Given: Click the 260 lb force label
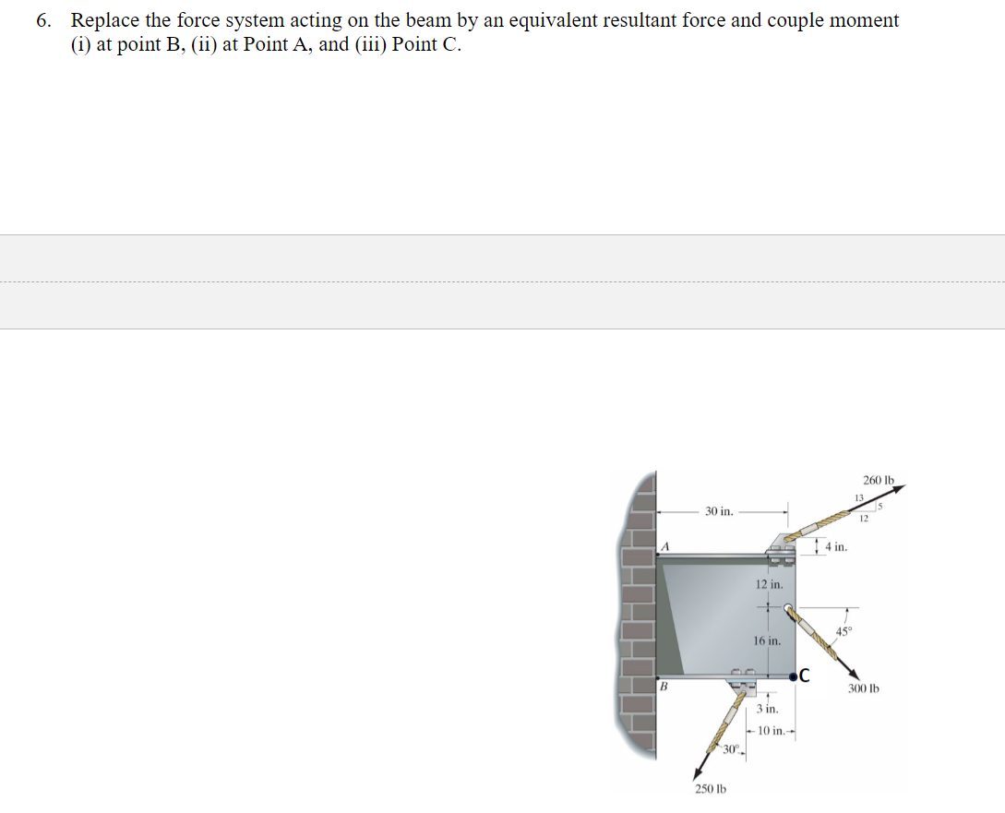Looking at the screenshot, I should tap(879, 480).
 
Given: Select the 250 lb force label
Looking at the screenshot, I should tap(711, 789).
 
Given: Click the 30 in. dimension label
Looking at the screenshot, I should tap(719, 510).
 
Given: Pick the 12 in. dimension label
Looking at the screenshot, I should tap(769, 584).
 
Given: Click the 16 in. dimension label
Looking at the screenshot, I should tap(767, 640).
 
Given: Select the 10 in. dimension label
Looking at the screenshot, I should tap(772, 731).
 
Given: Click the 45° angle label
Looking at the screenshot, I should tap(843, 631).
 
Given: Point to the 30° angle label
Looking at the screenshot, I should tap(732, 747).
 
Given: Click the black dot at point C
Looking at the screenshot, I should tap(795, 676).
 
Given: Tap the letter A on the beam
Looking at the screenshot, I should tap(664, 546).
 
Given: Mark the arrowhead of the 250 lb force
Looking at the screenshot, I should tap(700, 771).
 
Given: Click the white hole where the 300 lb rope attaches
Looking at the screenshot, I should tap(789, 609).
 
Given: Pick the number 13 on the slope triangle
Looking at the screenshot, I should tap(857, 498).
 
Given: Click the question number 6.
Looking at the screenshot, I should tap(43, 20).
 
